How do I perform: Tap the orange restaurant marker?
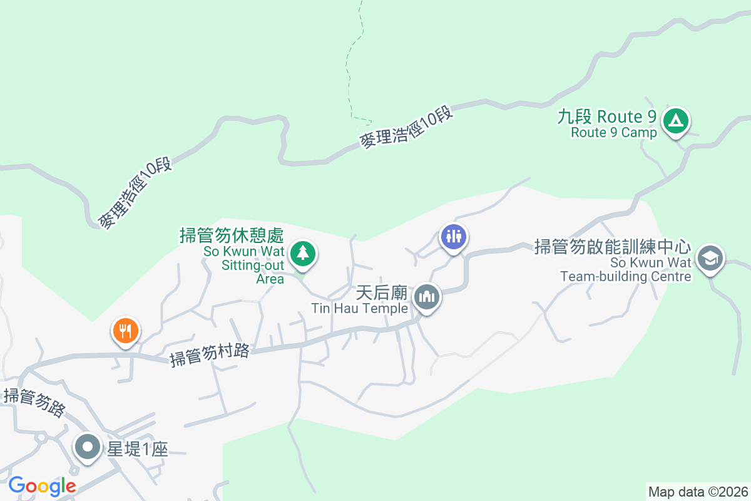coord(126,329)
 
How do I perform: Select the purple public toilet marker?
coord(454,236)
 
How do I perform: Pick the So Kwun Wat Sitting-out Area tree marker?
coord(303,254)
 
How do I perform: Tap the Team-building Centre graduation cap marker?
coord(710,258)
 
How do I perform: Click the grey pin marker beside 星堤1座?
coord(88,447)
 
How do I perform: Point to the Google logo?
coord(42,485)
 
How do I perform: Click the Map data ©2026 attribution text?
coord(697,492)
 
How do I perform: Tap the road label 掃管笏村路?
coord(210,355)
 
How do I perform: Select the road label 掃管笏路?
coord(35,403)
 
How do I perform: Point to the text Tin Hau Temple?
coord(360,308)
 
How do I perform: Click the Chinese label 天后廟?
coord(382,293)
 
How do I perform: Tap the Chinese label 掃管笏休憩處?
coord(232,236)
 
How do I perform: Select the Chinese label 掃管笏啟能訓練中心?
coord(612,247)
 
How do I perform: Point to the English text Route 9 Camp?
coord(613,133)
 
